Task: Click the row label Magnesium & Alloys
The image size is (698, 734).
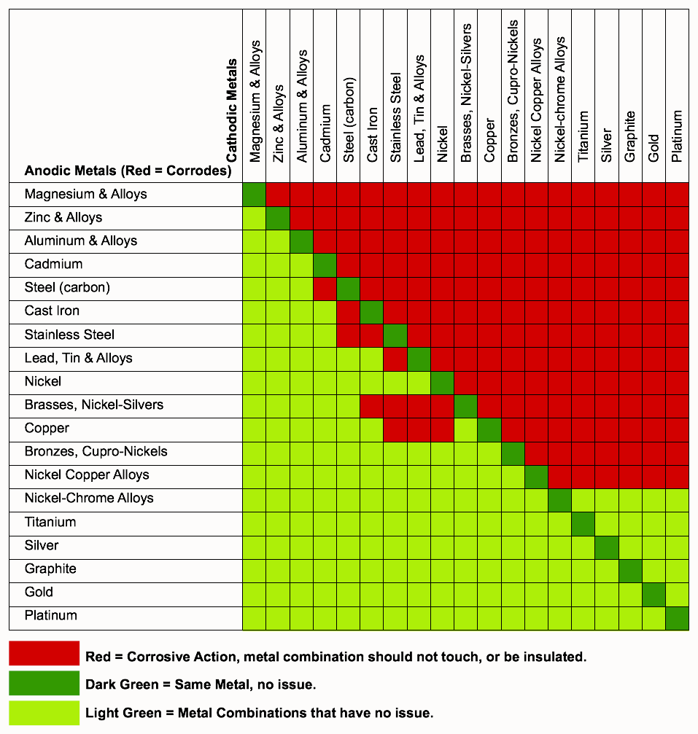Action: (x=85, y=194)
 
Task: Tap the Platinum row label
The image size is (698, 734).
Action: (x=50, y=615)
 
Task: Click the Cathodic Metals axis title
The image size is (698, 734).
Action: (x=232, y=110)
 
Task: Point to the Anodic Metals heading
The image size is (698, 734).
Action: (x=128, y=171)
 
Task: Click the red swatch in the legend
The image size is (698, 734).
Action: (x=44, y=653)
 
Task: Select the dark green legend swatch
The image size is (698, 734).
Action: (x=44, y=683)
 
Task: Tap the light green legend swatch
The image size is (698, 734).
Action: (x=44, y=712)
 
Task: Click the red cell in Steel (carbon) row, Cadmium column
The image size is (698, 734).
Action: (x=325, y=288)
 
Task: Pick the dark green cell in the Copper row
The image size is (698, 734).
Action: (x=489, y=428)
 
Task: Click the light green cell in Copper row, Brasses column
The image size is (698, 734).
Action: (x=465, y=428)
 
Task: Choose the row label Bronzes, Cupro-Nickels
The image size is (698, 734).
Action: (x=96, y=451)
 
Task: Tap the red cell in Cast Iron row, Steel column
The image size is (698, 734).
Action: (x=348, y=311)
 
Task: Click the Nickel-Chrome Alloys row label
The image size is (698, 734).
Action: (x=89, y=498)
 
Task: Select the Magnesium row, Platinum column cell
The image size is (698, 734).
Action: (x=677, y=195)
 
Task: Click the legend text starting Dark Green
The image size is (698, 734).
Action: (x=201, y=684)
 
